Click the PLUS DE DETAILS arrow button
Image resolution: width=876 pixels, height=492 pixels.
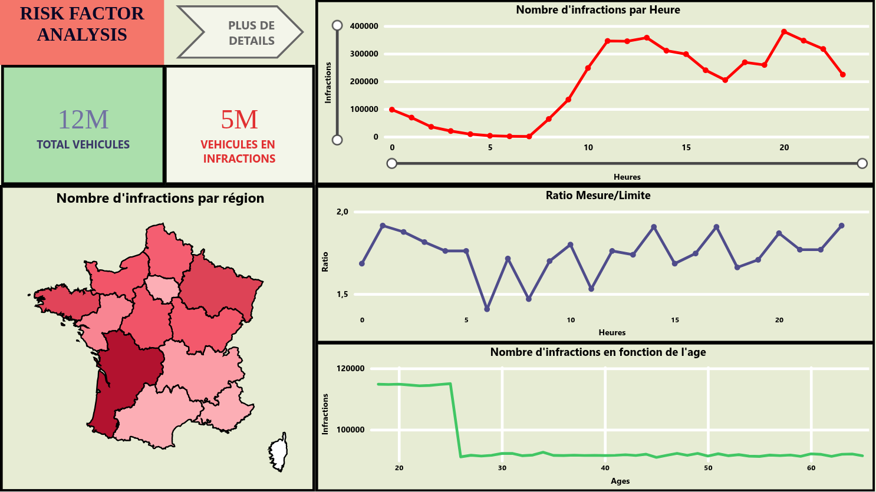[242, 33]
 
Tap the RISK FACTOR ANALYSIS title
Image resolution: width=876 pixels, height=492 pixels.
[82, 24]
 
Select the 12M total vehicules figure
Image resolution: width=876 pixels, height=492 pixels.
[83, 120]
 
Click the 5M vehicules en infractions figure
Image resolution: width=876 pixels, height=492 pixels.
[239, 120]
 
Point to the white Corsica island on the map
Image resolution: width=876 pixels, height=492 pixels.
[278, 453]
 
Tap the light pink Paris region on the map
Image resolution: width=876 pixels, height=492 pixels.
[162, 288]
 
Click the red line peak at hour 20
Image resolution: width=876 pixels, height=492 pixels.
[784, 32]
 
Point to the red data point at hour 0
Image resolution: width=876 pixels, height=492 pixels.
[392, 110]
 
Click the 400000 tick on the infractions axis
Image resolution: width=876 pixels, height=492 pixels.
[364, 26]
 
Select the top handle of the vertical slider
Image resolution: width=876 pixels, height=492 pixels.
[337, 25]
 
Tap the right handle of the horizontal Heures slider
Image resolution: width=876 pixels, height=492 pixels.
[862, 163]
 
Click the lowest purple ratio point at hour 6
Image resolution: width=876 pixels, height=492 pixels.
[487, 309]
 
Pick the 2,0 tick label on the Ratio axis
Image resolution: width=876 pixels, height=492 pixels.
[343, 212]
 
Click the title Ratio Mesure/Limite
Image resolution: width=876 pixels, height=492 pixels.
[598, 196]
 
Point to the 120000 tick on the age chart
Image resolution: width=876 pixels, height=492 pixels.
[351, 369]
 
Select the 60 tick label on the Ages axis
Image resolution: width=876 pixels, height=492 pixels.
[811, 468]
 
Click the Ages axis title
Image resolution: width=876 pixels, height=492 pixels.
[620, 481]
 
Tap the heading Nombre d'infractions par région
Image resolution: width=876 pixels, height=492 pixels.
[160, 199]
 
